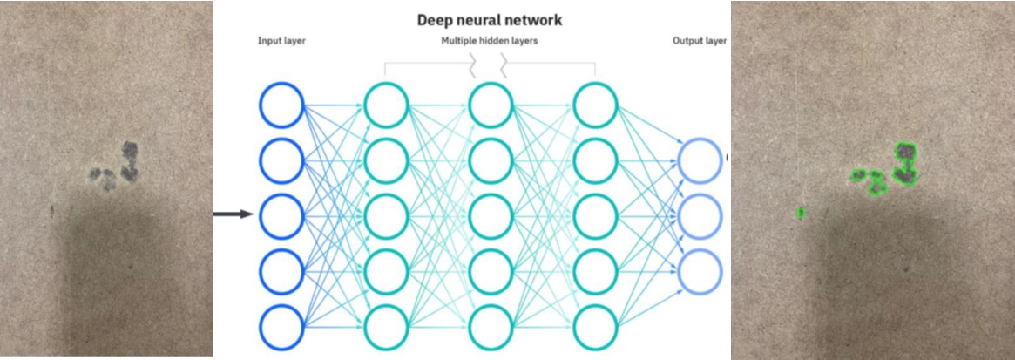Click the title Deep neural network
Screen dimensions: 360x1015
(x=489, y=20)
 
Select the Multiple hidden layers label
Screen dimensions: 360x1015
(x=489, y=41)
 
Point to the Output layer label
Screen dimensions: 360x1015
(x=700, y=41)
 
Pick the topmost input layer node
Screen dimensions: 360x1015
(x=281, y=105)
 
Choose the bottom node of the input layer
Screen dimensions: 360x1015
(x=281, y=327)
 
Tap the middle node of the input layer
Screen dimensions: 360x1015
(x=281, y=215)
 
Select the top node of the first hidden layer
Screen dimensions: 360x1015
(x=386, y=105)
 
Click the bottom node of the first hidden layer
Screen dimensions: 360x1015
(x=386, y=327)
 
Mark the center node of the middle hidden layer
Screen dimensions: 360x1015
(x=491, y=215)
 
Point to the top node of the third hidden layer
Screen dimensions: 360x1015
(x=596, y=105)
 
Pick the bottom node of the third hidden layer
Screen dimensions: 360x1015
(x=596, y=327)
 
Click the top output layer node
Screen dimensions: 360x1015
(x=700, y=160)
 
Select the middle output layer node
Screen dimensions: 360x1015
(x=700, y=216)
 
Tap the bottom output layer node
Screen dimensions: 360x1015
(x=700, y=271)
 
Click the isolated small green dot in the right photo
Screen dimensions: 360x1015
(x=801, y=212)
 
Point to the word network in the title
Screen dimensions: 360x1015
(x=530, y=20)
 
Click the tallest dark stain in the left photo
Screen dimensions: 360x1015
(x=130, y=161)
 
